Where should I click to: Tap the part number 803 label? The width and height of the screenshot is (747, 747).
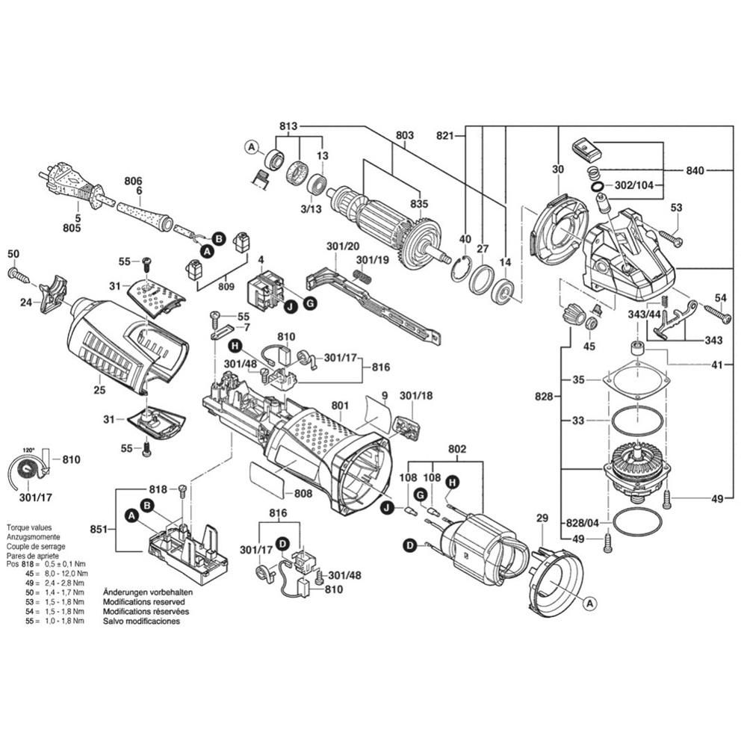tap(404, 135)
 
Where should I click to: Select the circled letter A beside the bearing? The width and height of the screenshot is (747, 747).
tap(252, 147)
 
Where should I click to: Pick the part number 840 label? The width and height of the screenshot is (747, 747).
tap(695, 171)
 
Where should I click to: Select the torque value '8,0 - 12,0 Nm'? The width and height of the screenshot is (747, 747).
tap(64, 572)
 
